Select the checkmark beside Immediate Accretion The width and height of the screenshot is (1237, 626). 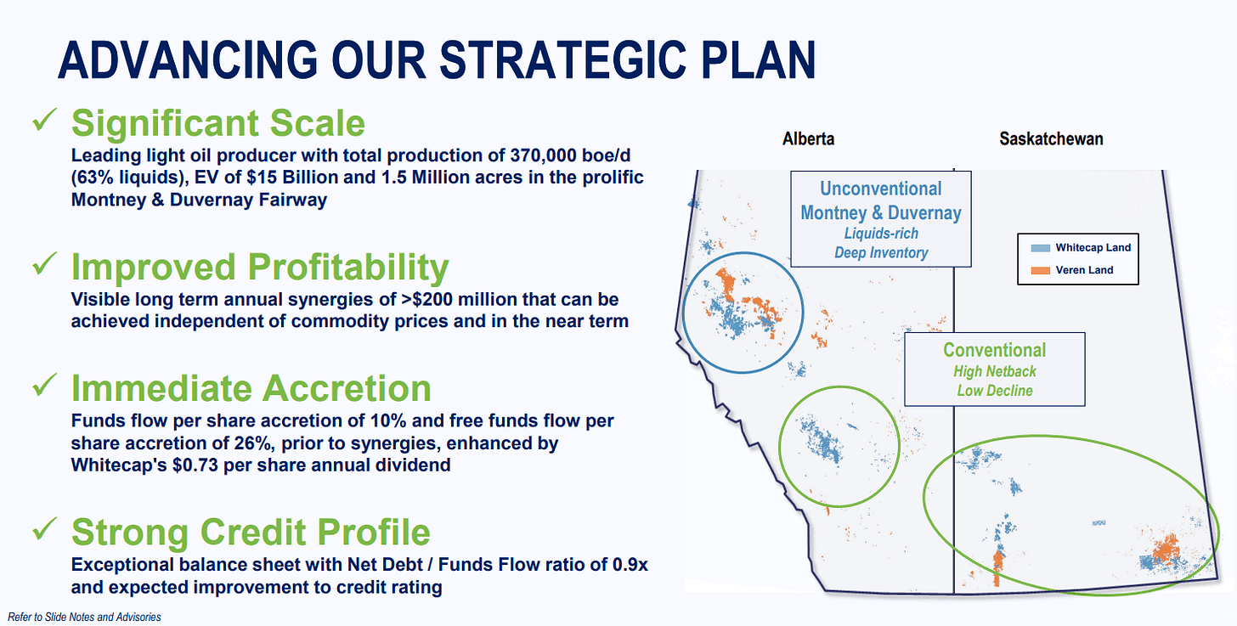point(45,385)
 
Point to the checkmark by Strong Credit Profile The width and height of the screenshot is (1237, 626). point(45,528)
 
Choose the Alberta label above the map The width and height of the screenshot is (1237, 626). point(808,138)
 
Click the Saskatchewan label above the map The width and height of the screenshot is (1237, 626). point(1051,138)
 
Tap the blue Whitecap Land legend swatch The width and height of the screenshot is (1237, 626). point(1041,248)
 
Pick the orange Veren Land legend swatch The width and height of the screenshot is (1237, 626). point(1041,270)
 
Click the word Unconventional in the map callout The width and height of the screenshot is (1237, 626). point(881,189)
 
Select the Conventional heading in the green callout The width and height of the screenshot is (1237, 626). point(995,350)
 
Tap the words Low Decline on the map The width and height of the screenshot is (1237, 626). point(995,391)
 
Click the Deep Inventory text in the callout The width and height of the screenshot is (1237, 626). point(881,253)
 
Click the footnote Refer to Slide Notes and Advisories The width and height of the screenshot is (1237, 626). point(84,617)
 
